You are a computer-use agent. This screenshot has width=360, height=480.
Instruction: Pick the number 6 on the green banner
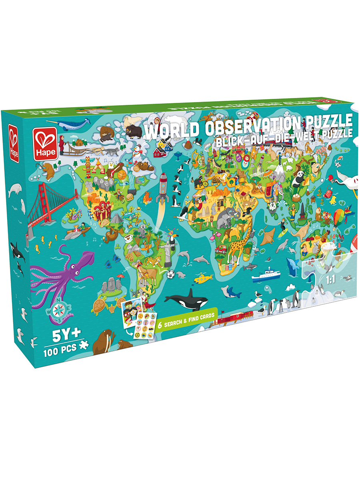pyautogui.click(x=160, y=325)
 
